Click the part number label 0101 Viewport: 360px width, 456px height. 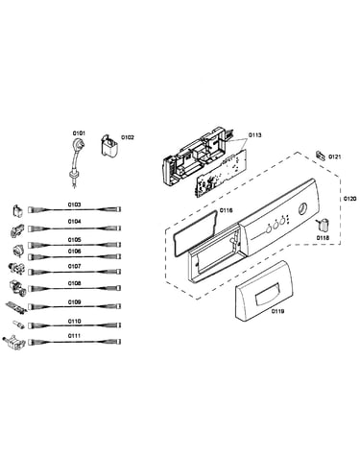[x=79, y=132]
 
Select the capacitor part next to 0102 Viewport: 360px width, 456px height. [x=108, y=146]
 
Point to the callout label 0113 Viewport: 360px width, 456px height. [x=255, y=135]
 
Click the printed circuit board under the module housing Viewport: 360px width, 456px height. [x=221, y=173]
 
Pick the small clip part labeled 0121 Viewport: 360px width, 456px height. [x=321, y=156]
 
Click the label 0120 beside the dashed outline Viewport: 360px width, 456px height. [x=349, y=199]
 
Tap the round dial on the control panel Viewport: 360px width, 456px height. [x=302, y=209]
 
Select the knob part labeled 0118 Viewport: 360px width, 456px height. [x=323, y=224]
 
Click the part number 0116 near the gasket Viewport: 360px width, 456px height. [x=227, y=210]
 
